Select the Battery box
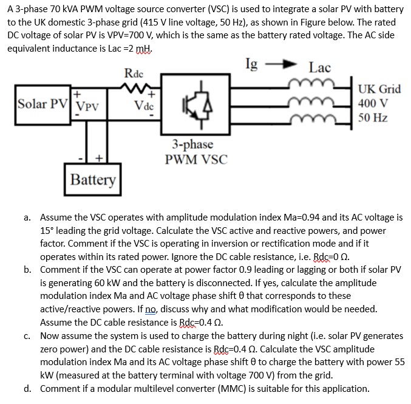(92, 180)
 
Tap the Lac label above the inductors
(319, 67)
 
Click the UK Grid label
(379, 89)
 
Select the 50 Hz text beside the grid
(373, 117)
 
